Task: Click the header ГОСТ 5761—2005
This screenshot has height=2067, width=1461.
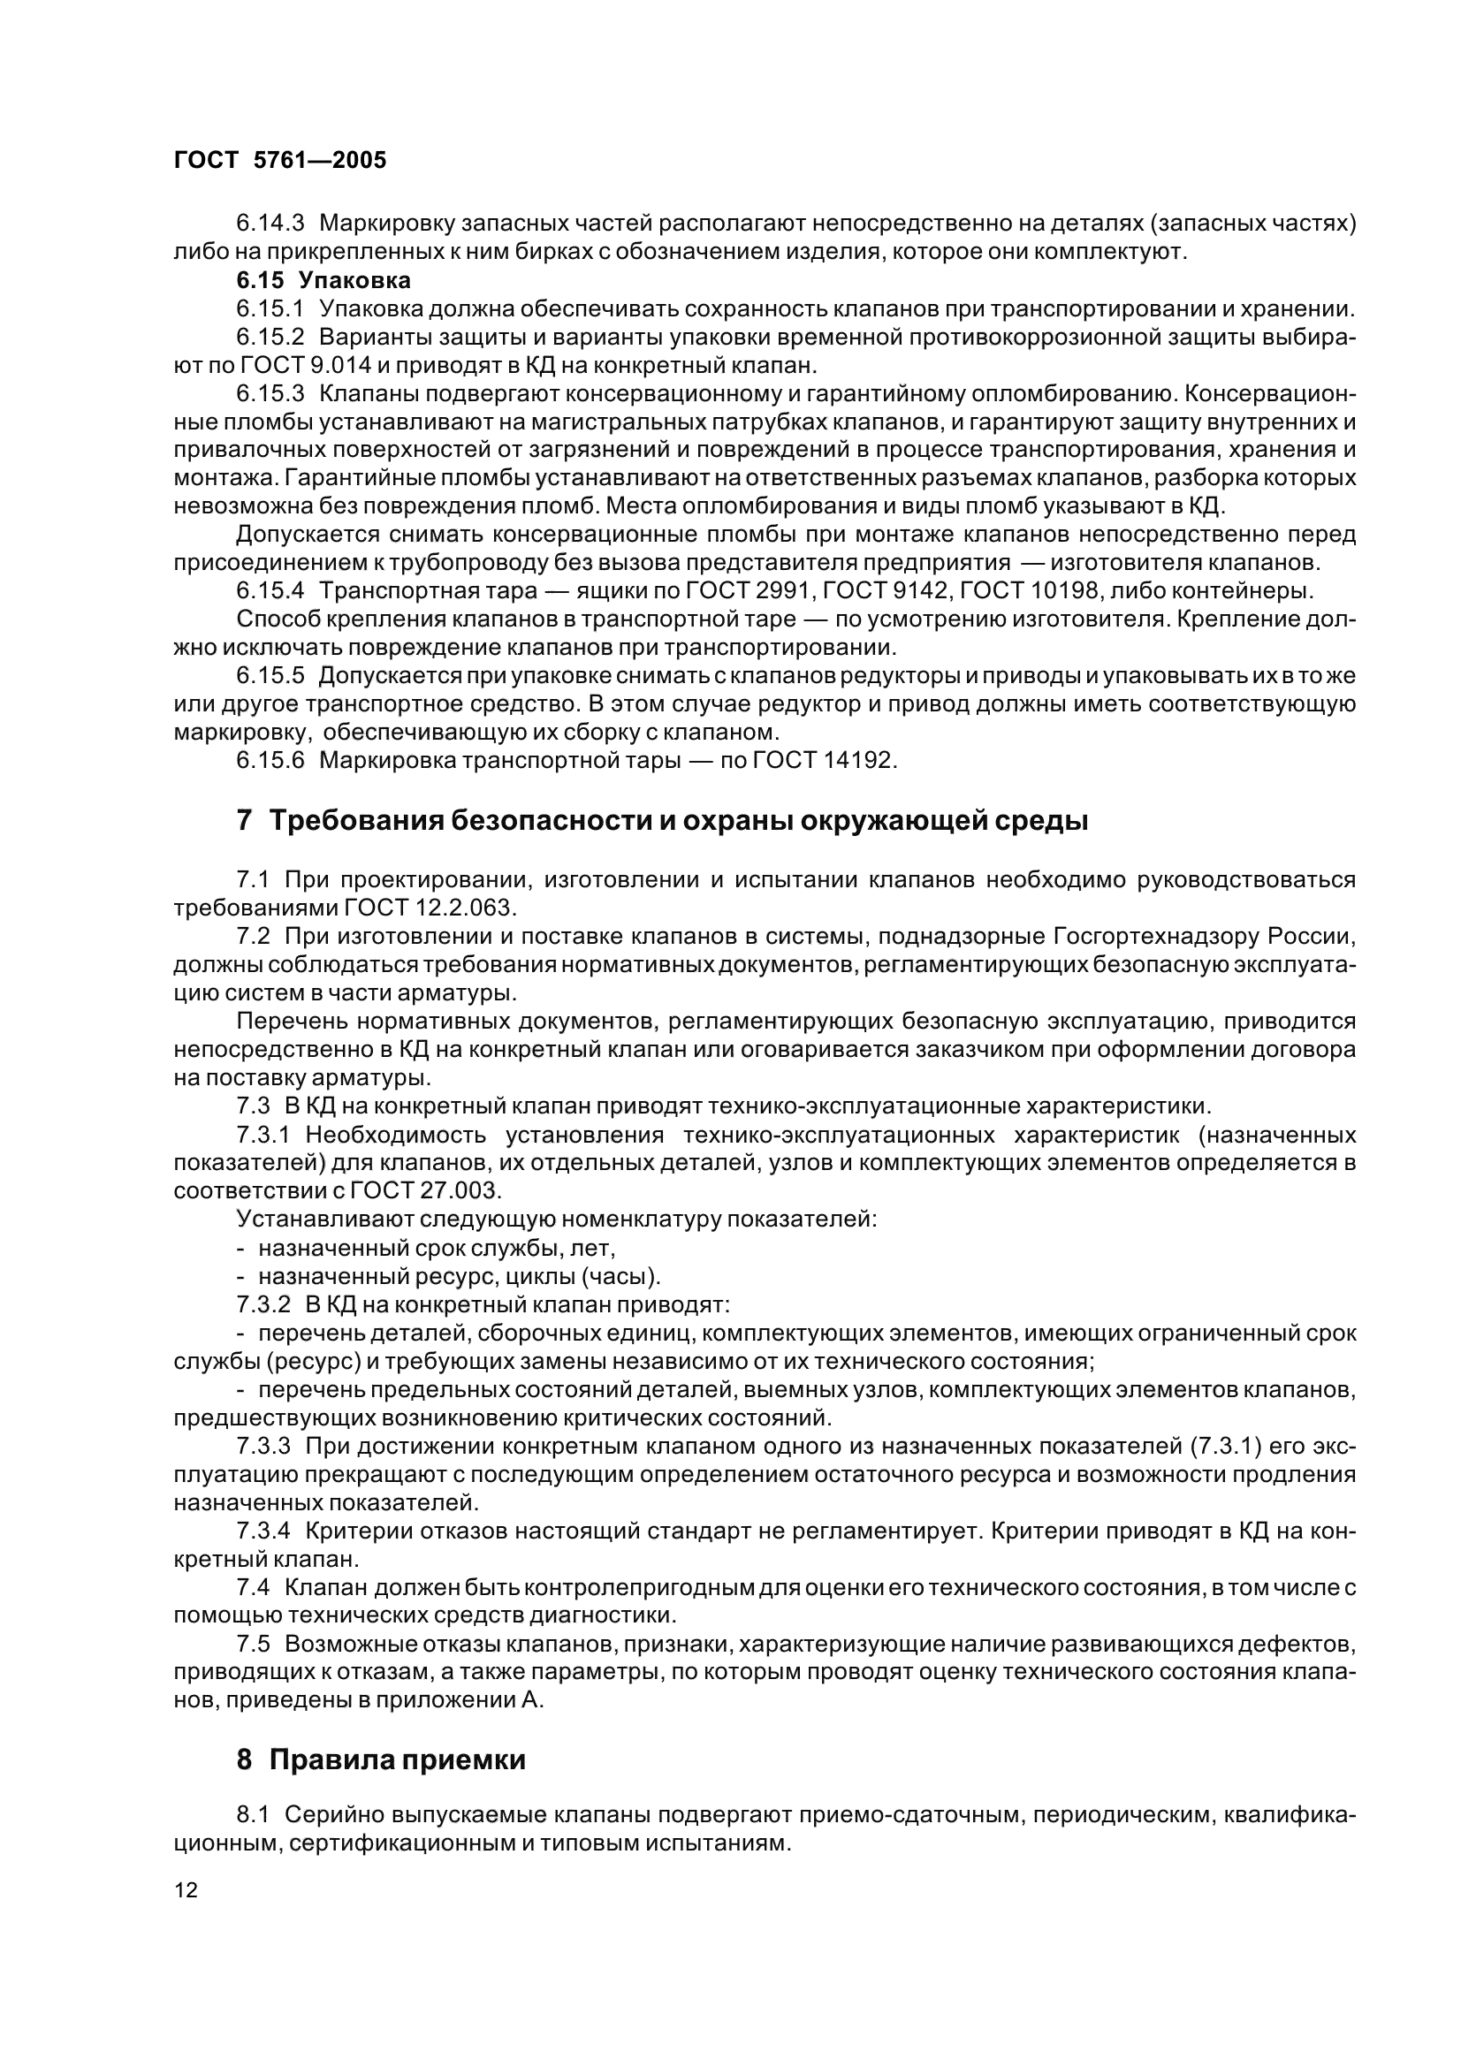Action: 280,160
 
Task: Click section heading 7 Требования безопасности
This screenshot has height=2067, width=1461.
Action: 662,821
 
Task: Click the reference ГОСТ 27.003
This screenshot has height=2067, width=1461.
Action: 424,1191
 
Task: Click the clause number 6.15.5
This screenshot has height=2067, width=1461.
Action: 271,676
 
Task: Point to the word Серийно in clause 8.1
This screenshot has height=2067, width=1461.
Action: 333,1816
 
